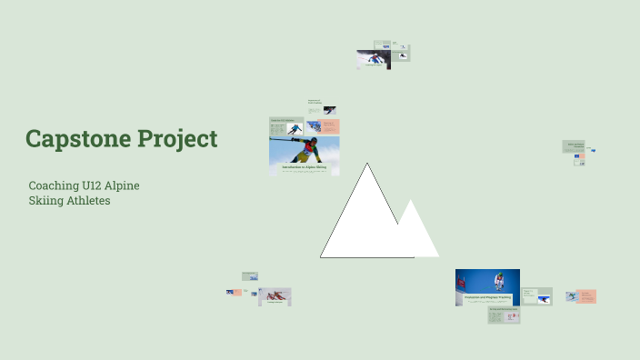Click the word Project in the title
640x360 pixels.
click(x=176, y=139)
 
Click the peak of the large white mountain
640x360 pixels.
click(x=367, y=165)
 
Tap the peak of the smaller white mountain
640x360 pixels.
click(x=412, y=201)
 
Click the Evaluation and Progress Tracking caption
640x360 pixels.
click(x=487, y=297)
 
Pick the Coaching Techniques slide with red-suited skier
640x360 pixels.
click(x=275, y=296)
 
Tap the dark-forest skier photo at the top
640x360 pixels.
click(x=373, y=59)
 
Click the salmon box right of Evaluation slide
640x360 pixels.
click(x=586, y=295)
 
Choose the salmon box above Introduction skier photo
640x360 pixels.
click(x=329, y=126)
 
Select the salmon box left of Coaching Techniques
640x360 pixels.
click(x=236, y=292)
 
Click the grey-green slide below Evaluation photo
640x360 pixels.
click(x=504, y=315)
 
